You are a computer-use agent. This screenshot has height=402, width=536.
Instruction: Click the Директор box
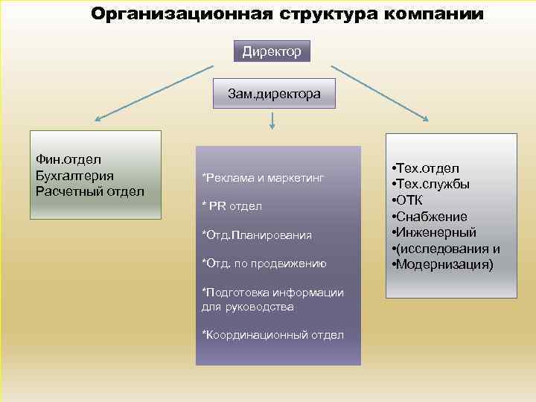[x=272, y=51]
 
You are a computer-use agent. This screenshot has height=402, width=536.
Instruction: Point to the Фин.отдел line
[x=68, y=159]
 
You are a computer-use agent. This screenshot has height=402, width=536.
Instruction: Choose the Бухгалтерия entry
[x=74, y=175]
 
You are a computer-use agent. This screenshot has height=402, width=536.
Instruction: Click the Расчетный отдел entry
[x=89, y=191]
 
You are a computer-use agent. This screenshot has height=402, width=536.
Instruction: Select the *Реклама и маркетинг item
[x=263, y=177]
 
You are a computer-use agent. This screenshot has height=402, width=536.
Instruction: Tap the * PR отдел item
[x=232, y=205]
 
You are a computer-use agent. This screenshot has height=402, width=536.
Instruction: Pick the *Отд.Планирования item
[x=257, y=235]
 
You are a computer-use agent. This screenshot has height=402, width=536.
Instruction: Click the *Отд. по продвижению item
[x=264, y=263]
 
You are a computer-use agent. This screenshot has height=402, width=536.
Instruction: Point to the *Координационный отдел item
[x=272, y=334]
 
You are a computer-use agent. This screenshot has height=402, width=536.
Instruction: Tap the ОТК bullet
[x=412, y=200]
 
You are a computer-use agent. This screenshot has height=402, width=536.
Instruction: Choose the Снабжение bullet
[x=433, y=217]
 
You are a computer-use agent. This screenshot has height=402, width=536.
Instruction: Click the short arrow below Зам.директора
[x=272, y=121]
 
